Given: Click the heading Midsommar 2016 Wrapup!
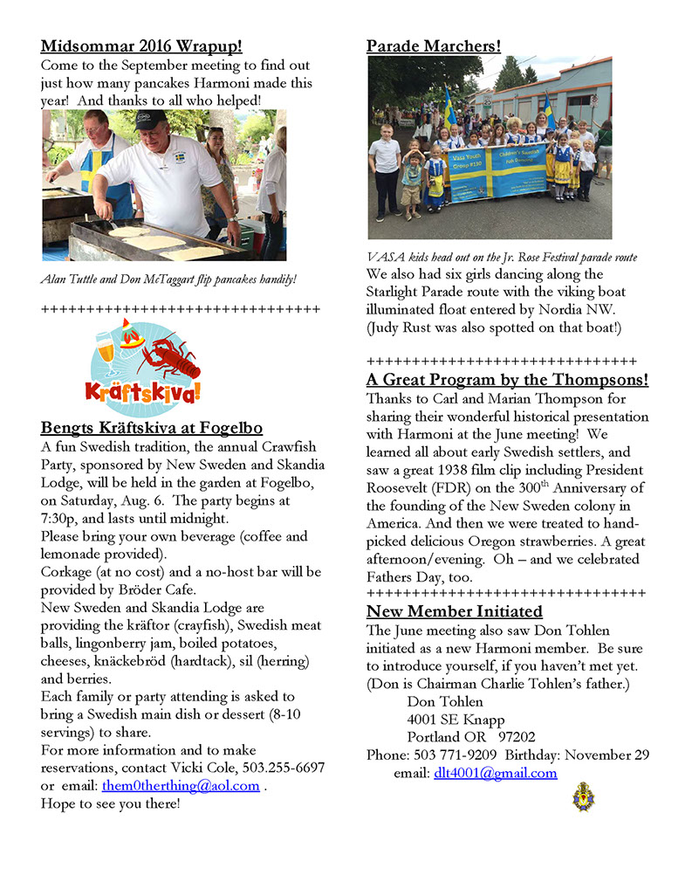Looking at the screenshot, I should pos(141,46).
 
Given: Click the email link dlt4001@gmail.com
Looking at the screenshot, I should pos(495,773).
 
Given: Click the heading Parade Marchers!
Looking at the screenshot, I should pos(434,46).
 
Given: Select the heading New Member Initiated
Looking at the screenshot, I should pos(454,611).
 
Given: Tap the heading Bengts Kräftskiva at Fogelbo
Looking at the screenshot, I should pos(151,428).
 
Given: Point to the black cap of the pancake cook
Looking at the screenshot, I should pos(150,119).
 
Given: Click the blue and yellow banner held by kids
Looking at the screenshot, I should pos(497,171).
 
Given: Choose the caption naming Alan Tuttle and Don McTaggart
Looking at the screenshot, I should pos(168,279).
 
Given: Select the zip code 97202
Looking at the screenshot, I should pos(511,736).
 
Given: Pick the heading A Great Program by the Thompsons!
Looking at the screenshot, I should pos(507,380).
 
